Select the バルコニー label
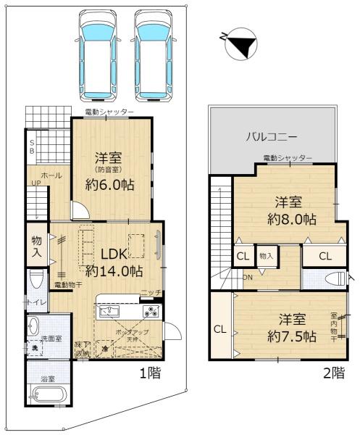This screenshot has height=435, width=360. pyautogui.click(x=273, y=136)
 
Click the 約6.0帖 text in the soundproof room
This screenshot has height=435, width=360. pyautogui.click(x=112, y=183)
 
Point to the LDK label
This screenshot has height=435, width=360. pyautogui.click(x=114, y=254)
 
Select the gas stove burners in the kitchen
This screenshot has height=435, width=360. pyautogui.click(x=151, y=312)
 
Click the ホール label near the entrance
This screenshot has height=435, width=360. pyautogui.click(x=50, y=176)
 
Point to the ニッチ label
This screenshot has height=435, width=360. pyautogui.click(x=151, y=292)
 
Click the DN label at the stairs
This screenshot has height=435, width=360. pyautogui.click(x=248, y=277)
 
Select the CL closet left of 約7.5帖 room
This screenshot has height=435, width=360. pyautogui.click(x=219, y=328)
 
